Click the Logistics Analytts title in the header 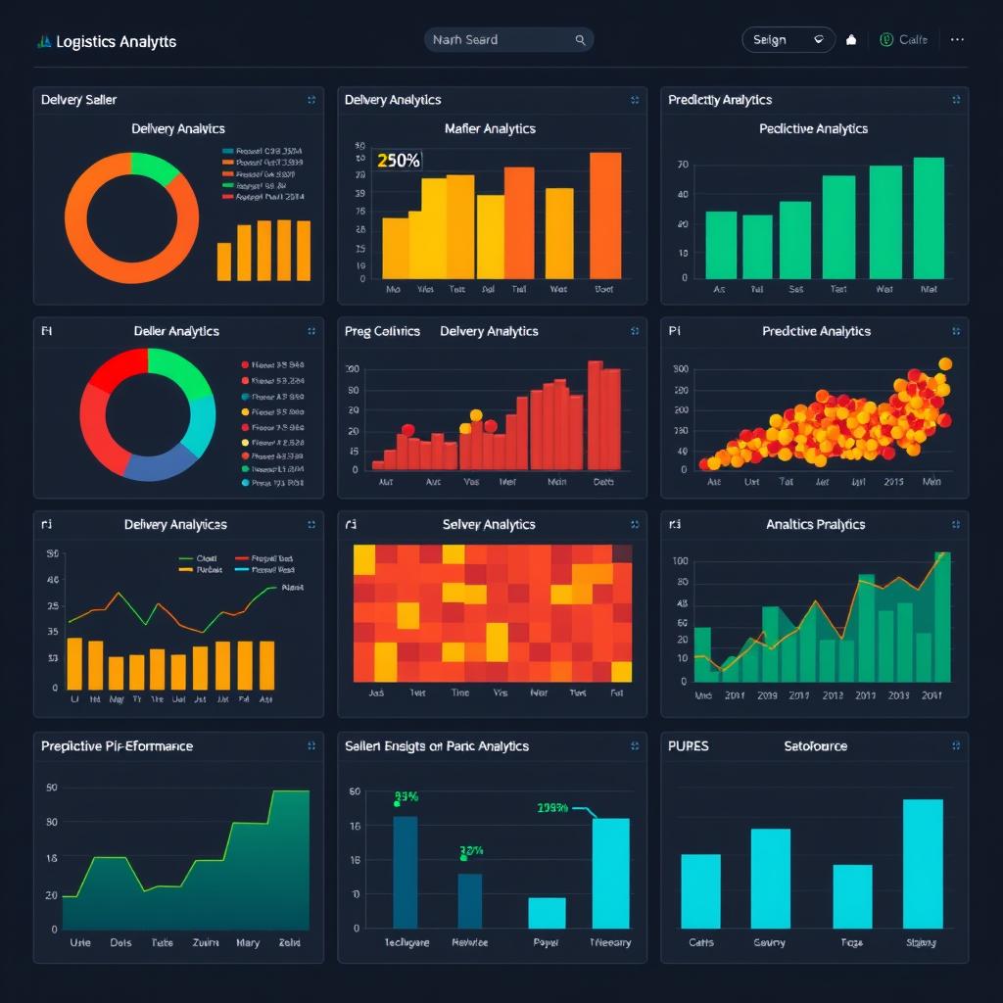tap(116, 42)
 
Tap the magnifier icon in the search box tap(580, 40)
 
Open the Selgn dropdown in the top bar tap(788, 40)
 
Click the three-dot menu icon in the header tap(957, 40)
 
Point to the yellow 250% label tap(399, 161)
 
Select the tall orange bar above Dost tap(605, 215)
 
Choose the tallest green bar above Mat tap(929, 217)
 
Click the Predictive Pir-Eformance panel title tap(117, 746)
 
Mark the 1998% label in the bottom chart tap(553, 808)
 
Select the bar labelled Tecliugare tap(406, 872)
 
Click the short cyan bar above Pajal tap(547, 913)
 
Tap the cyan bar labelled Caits tap(700, 891)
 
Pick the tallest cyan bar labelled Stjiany tap(923, 864)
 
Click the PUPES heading tap(689, 746)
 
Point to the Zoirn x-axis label tap(206, 942)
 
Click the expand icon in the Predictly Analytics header tap(956, 100)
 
